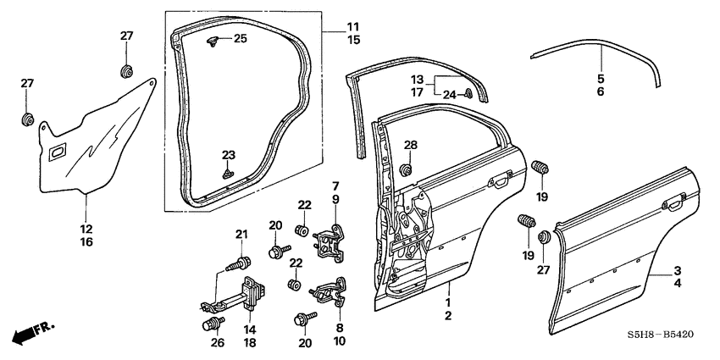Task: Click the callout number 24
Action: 449,95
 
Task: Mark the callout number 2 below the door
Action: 447,315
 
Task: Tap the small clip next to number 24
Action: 468,94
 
